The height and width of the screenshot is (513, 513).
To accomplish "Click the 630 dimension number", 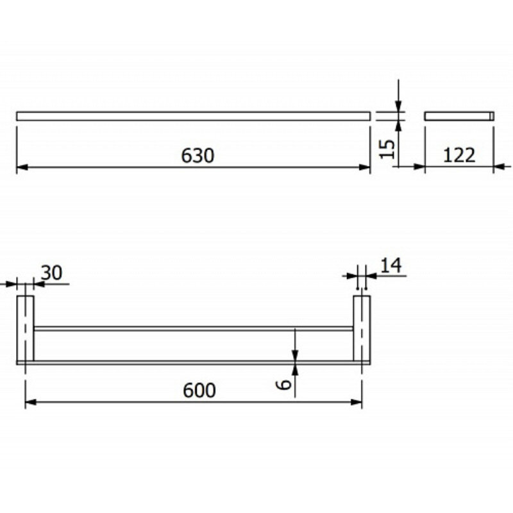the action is point(198,156).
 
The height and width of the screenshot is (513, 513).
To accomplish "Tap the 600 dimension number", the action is point(199,391).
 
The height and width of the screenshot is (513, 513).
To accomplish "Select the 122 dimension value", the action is point(458,155).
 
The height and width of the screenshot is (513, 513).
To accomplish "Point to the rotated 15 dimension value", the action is point(387,149).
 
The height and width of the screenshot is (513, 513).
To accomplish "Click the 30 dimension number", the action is point(51,273).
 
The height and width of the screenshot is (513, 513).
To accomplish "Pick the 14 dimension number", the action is point(391,265).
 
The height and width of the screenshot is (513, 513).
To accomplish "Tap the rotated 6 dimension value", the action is point(283,385).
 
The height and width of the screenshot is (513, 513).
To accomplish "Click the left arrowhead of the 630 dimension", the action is point(22,167).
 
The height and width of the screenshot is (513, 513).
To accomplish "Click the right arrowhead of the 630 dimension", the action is point(364,167).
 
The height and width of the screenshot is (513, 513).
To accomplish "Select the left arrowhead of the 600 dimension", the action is point(31,402).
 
